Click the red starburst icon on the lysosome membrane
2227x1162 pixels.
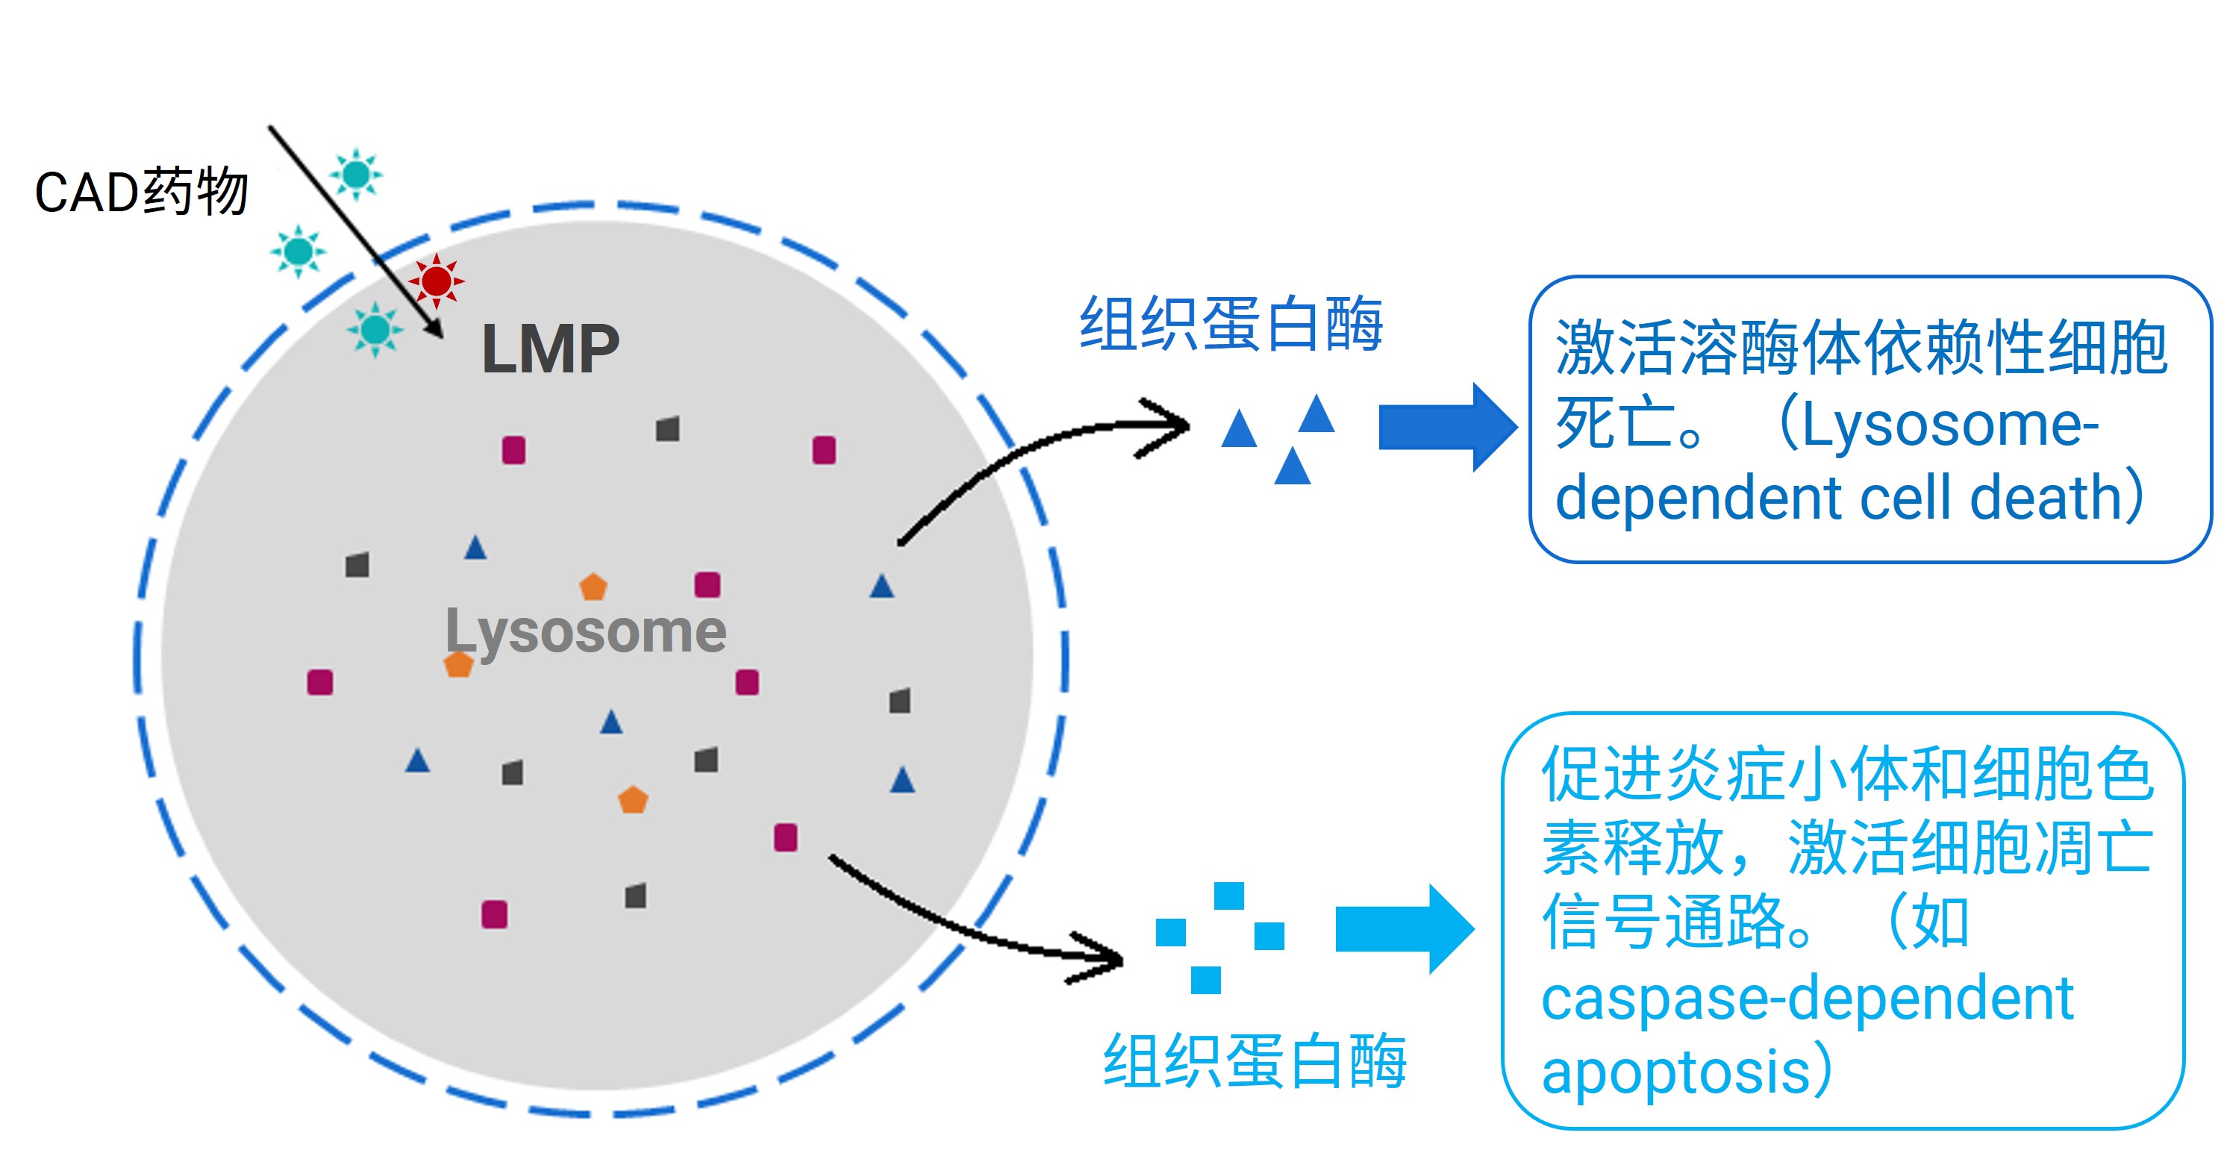click(437, 281)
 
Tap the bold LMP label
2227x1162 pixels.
click(551, 349)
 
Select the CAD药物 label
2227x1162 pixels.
click(142, 191)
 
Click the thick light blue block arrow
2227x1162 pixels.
click(1405, 929)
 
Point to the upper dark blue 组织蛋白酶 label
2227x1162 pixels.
click(1231, 323)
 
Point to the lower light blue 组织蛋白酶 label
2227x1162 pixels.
click(1255, 1060)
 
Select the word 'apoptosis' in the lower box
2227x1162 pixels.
click(1676, 1073)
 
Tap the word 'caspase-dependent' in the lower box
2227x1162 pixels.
click(1808, 999)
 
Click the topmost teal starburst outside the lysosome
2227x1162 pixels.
click(356, 175)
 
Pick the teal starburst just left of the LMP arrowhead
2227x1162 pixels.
click(375, 329)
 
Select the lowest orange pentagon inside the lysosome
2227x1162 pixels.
click(633, 800)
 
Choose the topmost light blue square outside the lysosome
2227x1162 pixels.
click(1228, 896)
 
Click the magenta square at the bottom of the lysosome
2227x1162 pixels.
click(495, 914)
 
